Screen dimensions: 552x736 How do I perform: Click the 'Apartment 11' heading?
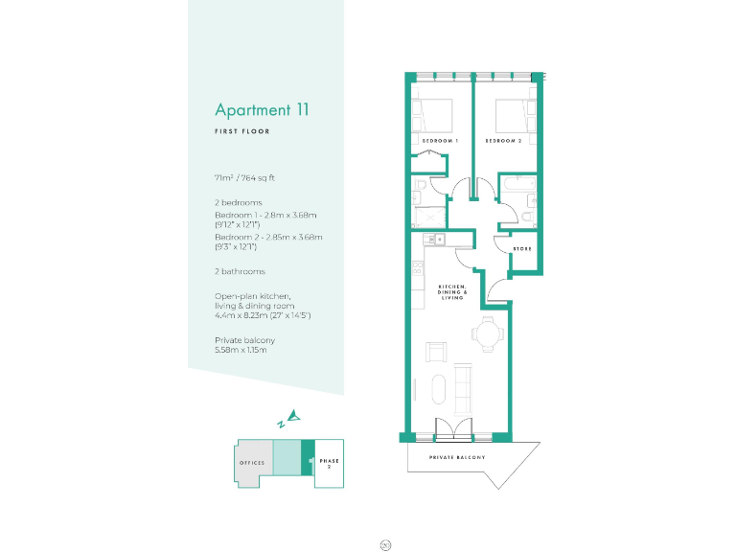(x=262, y=109)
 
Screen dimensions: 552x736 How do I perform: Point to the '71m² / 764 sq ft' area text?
(x=245, y=178)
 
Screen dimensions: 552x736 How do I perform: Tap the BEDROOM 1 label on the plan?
(x=441, y=141)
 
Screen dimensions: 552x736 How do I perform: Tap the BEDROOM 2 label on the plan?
(x=503, y=141)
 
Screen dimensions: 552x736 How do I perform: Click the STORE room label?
(x=522, y=249)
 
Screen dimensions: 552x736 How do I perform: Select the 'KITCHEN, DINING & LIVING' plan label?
(x=452, y=292)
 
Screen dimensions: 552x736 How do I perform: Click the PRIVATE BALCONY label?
(x=457, y=458)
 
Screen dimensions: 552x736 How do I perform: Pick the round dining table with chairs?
(x=485, y=335)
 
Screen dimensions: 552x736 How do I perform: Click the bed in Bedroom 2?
(x=510, y=116)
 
